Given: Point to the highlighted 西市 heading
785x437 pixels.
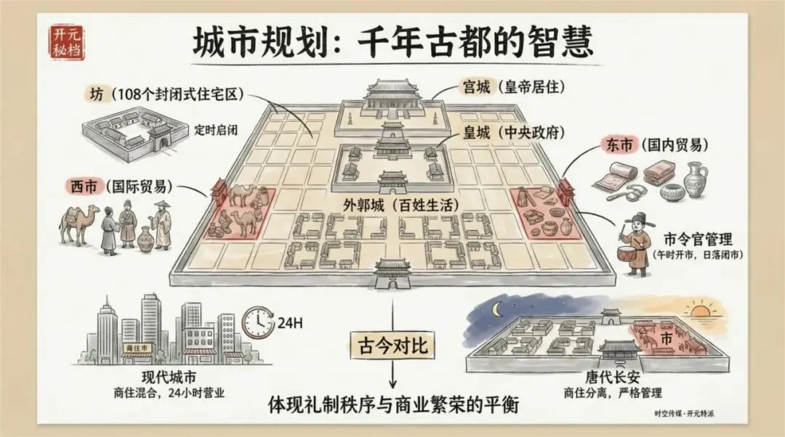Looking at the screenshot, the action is pyautogui.click(x=81, y=186).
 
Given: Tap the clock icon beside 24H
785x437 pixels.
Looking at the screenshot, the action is pyautogui.click(x=256, y=320).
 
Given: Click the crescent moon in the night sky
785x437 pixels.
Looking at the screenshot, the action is pyautogui.click(x=497, y=310).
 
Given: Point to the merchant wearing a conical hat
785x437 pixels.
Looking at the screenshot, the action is pyautogui.click(x=161, y=225).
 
